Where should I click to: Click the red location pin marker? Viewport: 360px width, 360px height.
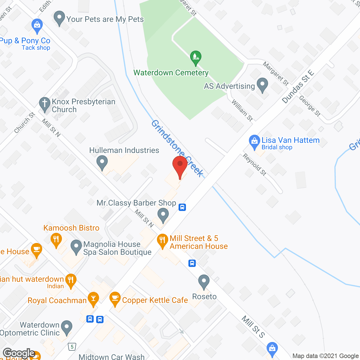pyautogui.click(x=180, y=166)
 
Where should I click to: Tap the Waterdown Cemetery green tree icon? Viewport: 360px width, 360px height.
pyautogui.click(x=195, y=58)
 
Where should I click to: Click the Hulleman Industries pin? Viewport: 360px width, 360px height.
pyautogui.click(x=102, y=163)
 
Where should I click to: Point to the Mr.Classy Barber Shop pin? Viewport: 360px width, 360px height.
pyautogui.click(x=163, y=215)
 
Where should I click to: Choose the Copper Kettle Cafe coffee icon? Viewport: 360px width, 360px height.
pyautogui.click(x=115, y=299)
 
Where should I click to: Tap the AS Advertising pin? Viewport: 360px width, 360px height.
pyautogui.click(x=262, y=85)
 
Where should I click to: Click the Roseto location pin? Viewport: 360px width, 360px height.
pyautogui.click(x=204, y=282)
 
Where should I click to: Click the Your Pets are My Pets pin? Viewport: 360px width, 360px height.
pyautogui.click(x=59, y=18)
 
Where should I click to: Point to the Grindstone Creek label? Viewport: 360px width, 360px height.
pyautogui.click(x=177, y=148)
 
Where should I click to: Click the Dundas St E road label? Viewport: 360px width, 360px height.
pyautogui.click(x=298, y=87)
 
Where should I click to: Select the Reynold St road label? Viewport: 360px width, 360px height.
pyautogui.click(x=255, y=164)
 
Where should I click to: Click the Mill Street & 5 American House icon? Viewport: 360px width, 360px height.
pyautogui.click(x=162, y=241)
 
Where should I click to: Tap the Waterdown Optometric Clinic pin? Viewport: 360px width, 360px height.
pyautogui.click(x=67, y=328)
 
